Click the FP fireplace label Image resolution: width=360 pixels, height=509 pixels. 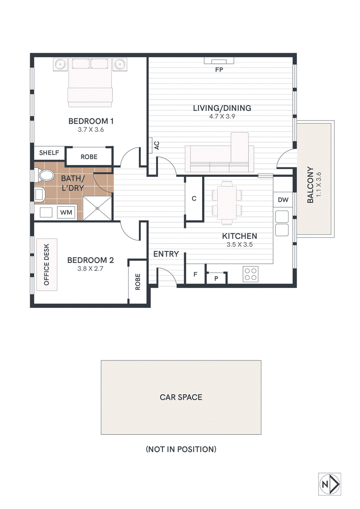pos(219,70)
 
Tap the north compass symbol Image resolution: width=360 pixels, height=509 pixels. pos(329,484)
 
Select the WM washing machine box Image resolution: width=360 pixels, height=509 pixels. pos(66,212)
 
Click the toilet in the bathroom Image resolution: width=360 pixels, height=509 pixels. pos(45,176)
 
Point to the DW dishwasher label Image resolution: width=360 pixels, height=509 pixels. pos(283,200)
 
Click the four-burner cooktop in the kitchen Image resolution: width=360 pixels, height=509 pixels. pos(251,274)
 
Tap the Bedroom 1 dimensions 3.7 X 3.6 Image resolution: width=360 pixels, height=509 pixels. pos(90,130)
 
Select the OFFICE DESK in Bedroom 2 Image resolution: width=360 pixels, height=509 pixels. pos(47,265)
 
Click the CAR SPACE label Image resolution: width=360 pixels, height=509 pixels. pos(181,397)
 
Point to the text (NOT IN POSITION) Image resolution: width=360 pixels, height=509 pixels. pos(181,449)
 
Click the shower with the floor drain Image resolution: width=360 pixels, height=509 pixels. pos(97,208)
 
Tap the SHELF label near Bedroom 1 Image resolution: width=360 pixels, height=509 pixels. pos(49,153)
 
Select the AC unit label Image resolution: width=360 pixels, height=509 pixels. pos(157,145)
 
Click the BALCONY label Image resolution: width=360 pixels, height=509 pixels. pos(310,185)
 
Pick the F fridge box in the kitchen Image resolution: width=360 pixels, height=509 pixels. pos(195,274)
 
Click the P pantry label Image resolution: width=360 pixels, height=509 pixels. pos(216,279)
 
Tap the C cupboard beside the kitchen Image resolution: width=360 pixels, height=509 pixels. pos(194,198)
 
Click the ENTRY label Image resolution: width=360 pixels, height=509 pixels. pos(166,254)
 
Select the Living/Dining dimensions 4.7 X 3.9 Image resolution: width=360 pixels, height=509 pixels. pos(222,116)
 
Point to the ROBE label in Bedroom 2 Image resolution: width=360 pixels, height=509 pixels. pos(138,282)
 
